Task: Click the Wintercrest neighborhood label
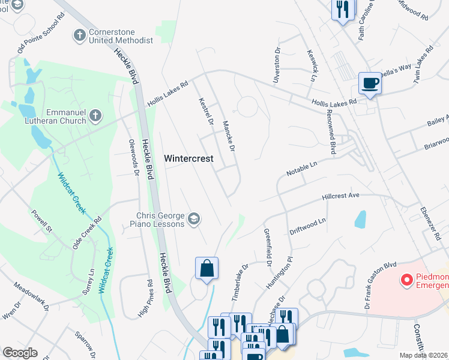(x=189, y=158)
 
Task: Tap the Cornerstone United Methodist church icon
(x=79, y=35)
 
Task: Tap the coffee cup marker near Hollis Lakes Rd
(x=370, y=83)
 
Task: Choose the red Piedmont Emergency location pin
(x=406, y=279)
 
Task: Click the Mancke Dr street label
(x=228, y=136)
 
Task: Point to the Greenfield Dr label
(x=268, y=247)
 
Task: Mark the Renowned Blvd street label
(x=331, y=131)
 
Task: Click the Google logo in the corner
(x=20, y=352)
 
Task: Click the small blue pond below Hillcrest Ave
(x=360, y=220)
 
